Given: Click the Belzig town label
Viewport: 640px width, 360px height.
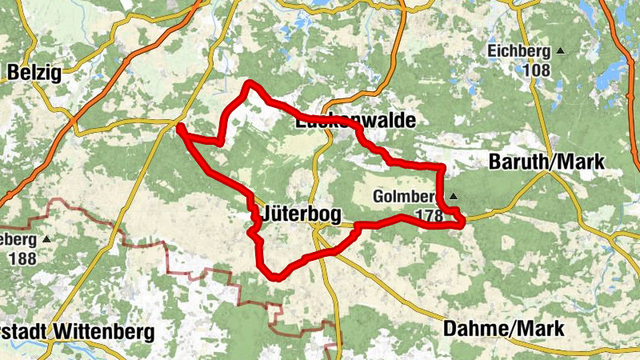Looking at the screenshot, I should click(34, 74).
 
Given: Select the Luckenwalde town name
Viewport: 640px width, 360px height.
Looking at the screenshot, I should click(355, 122).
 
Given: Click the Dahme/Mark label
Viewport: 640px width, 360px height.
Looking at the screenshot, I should click(503, 328).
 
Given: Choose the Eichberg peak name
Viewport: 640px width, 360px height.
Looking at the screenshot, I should click(518, 52).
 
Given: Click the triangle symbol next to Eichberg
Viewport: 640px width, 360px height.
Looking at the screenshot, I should click(560, 52).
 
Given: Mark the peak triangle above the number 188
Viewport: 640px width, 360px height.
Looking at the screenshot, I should click(46, 239).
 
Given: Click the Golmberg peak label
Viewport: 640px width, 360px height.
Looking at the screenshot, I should click(404, 197).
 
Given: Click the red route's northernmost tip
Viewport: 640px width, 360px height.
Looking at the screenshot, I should click(250, 83).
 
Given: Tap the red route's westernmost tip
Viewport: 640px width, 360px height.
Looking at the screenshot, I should click(179, 126).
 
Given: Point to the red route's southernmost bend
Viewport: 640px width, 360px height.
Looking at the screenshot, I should click(274, 278).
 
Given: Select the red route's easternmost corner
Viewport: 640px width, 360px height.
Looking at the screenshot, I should click(462, 223).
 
